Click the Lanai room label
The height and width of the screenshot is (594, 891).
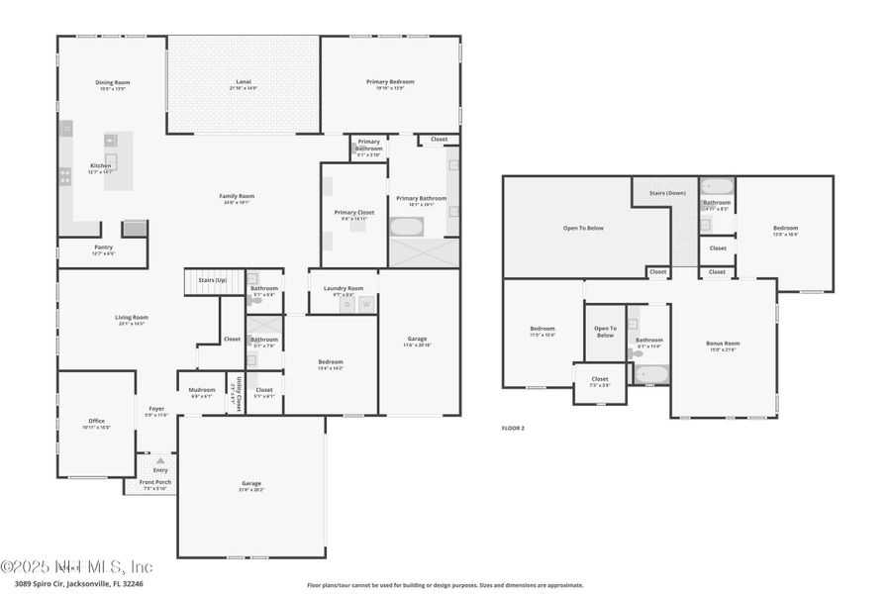pyautogui.click(x=243, y=82)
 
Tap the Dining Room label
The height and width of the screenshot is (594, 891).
pyautogui.click(x=112, y=82)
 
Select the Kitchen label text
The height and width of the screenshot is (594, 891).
pyautogui.click(x=101, y=165)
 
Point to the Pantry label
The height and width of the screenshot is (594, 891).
pyautogui.click(x=103, y=247)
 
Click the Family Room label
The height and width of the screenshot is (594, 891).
pyautogui.click(x=237, y=196)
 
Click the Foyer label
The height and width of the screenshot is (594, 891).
pyautogui.click(x=156, y=409)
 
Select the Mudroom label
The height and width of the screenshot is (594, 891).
pyautogui.click(x=202, y=390)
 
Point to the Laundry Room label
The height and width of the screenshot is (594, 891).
pyautogui.click(x=343, y=288)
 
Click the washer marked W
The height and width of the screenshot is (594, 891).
pyautogui.click(x=365, y=305)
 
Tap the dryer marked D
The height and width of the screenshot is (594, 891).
pyautogui.click(x=347, y=305)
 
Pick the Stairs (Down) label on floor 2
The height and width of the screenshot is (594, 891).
pyautogui.click(x=667, y=193)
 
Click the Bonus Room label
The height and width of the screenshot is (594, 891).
pyautogui.click(x=723, y=344)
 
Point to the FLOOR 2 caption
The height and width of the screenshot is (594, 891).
pyautogui.click(x=512, y=428)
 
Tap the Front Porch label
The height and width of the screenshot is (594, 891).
pyautogui.click(x=155, y=482)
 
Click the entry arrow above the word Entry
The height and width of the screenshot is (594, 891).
pyautogui.click(x=159, y=460)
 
